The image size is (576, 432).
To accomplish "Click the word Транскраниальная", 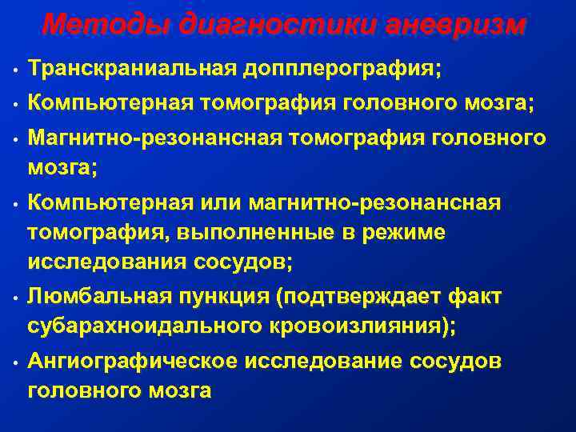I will (130, 68).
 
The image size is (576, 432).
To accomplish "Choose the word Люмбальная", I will (99, 297).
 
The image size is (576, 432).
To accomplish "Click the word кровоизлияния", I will (358, 326).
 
